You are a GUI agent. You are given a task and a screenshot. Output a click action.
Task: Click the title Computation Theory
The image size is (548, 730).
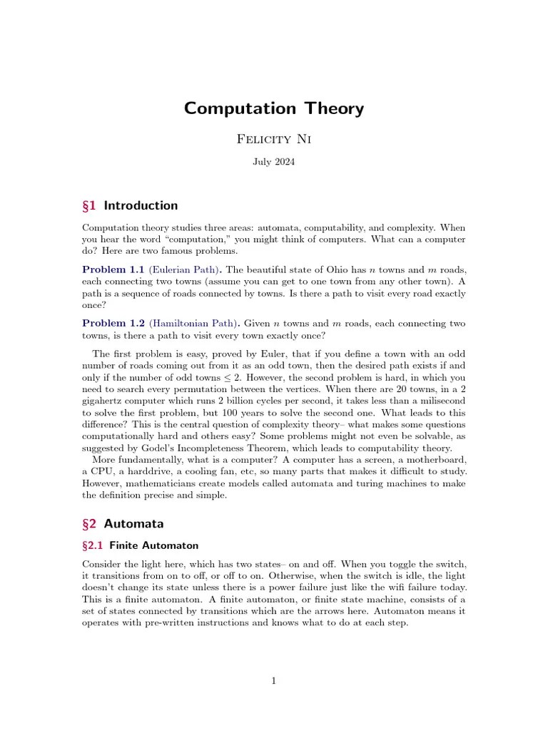pos(274,108)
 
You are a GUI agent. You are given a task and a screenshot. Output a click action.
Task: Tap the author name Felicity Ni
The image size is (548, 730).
pos(274,138)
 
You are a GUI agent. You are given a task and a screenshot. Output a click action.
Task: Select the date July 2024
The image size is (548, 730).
pos(274,162)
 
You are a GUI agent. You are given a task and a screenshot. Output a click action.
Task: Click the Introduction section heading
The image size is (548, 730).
pos(141,206)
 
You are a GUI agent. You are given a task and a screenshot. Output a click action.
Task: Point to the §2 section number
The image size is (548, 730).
pos(90,524)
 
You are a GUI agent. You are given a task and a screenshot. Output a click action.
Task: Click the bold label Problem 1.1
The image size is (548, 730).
pos(113,269)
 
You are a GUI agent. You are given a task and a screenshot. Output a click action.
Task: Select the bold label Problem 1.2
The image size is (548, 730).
pos(113,324)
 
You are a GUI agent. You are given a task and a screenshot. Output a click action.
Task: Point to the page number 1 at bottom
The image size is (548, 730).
pos(274,682)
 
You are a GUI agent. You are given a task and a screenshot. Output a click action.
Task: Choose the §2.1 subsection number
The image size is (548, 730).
pos(93,545)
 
